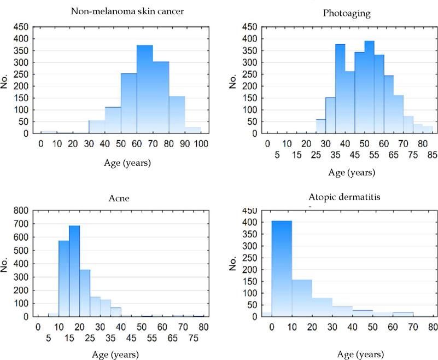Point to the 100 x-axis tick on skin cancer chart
point(201,143)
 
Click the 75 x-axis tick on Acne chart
point(192,339)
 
